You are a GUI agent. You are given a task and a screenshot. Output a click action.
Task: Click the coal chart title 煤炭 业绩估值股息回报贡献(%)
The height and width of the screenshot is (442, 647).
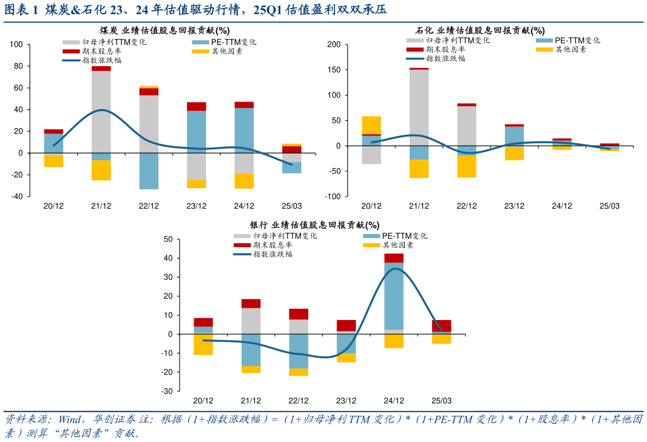pos(164,30)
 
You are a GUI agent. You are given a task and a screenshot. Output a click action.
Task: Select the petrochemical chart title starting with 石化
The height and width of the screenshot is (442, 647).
pos(479,30)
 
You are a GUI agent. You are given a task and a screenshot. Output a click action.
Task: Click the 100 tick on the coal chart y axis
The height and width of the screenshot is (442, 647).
pos(16,44)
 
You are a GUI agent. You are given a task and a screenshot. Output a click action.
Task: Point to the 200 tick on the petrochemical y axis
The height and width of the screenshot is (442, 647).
pos(333,44)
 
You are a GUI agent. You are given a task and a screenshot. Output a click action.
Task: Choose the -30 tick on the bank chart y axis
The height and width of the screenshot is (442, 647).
pos(168,391)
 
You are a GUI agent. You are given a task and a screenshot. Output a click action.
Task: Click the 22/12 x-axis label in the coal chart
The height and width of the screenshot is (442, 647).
pos(149,206)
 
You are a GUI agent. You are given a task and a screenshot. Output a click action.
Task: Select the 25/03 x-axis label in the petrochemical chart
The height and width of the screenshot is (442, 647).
pos(609,206)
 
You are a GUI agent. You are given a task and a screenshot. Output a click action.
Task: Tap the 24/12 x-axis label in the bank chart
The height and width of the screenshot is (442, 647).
pos(393,401)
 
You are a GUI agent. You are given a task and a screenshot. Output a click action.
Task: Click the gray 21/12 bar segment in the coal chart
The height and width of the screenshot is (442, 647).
pos(101,112)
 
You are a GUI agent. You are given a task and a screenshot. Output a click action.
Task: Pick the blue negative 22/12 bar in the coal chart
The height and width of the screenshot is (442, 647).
pos(149,171)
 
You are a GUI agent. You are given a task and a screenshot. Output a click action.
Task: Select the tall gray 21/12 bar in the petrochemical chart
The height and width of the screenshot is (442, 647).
pos(419,112)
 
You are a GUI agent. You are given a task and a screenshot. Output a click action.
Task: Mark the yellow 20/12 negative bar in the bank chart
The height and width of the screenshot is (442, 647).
pos(203,344)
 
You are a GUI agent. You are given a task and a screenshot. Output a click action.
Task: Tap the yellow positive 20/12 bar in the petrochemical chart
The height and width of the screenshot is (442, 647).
pos(371,125)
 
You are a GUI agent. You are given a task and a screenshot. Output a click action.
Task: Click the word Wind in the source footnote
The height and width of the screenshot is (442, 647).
pos(70,420)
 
